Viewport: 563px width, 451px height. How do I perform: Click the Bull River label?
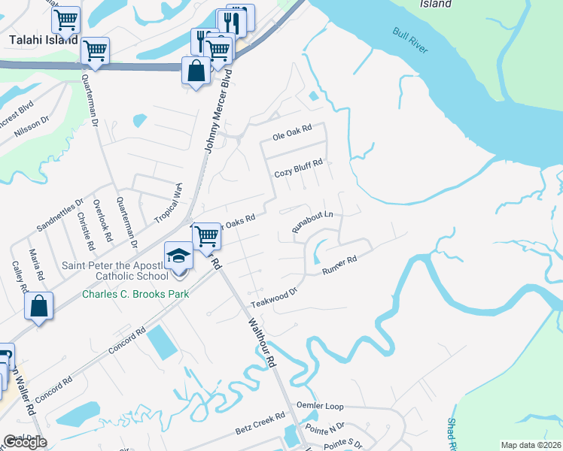pos(410,42)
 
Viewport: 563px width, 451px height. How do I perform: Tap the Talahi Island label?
pos(43,39)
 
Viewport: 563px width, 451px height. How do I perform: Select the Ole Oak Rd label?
pos(291,138)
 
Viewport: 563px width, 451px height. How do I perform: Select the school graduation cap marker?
pos(178,256)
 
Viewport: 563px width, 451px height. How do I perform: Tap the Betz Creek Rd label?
pos(260,422)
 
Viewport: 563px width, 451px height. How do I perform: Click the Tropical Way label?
pos(168,202)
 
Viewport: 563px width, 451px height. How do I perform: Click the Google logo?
pos(25,442)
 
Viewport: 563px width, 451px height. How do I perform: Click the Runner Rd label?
pos(339,265)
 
